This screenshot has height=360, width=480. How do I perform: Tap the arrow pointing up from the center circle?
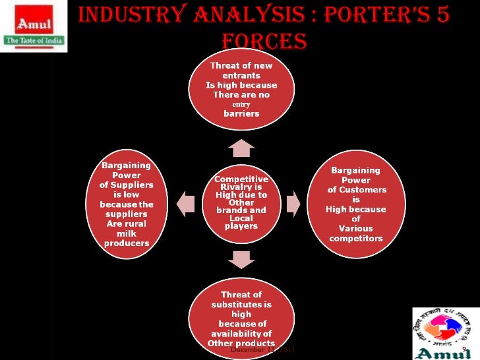coord(241,147)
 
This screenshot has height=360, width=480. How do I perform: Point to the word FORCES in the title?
coord(264,42)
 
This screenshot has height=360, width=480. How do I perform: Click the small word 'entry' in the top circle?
coord(241,104)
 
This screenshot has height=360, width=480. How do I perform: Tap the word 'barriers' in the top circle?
coord(241,113)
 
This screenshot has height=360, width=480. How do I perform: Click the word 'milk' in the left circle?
coord(127,233)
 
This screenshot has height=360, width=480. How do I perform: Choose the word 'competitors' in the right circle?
coord(356,238)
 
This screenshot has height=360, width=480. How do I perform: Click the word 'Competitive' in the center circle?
coord(241,179)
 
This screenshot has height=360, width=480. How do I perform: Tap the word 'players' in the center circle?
coord(241,226)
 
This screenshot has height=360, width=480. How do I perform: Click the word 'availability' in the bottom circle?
coord(241,334)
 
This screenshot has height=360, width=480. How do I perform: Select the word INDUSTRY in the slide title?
coord(132,14)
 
